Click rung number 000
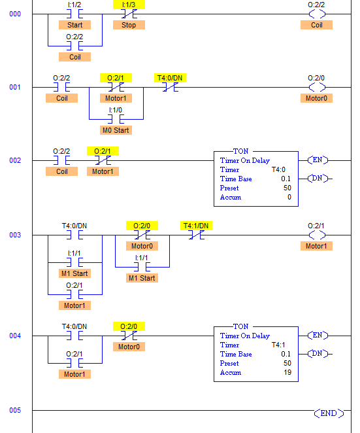(x=15, y=14)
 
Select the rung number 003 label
(x=15, y=235)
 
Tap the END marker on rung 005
(x=329, y=413)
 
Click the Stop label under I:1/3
(x=129, y=25)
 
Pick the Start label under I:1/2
(x=74, y=25)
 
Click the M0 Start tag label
(x=116, y=130)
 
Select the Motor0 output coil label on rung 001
(x=316, y=98)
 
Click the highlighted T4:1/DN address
(x=196, y=226)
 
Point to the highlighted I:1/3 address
(x=129, y=5)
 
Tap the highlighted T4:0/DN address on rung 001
(x=170, y=78)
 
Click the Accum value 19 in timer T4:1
(x=287, y=372)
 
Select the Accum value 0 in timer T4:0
(x=289, y=197)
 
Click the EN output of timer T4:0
(x=318, y=160)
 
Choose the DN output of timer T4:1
(x=318, y=353)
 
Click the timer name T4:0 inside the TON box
(x=278, y=169)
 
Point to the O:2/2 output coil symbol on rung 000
(x=317, y=14)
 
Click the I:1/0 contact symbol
(x=116, y=119)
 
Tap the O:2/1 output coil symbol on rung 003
(x=317, y=235)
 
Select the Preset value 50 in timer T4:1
(x=287, y=363)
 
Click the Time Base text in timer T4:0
(x=236, y=179)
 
